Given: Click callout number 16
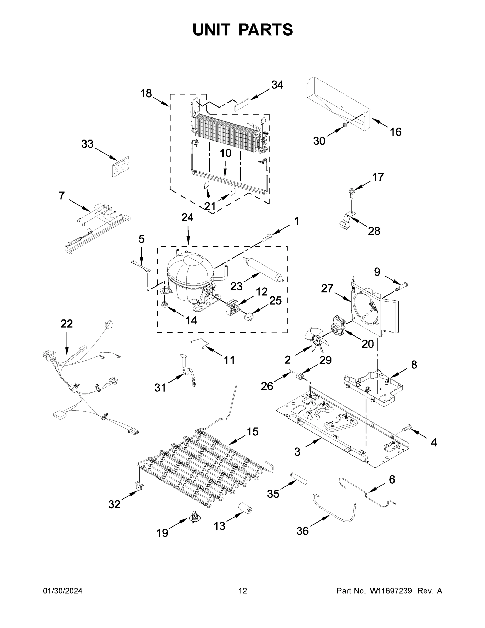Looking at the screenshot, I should point(395,132).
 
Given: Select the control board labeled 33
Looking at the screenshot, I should point(121,166).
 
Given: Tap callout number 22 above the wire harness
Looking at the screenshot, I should point(67,324).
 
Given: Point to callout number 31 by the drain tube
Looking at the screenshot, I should point(160,388).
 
